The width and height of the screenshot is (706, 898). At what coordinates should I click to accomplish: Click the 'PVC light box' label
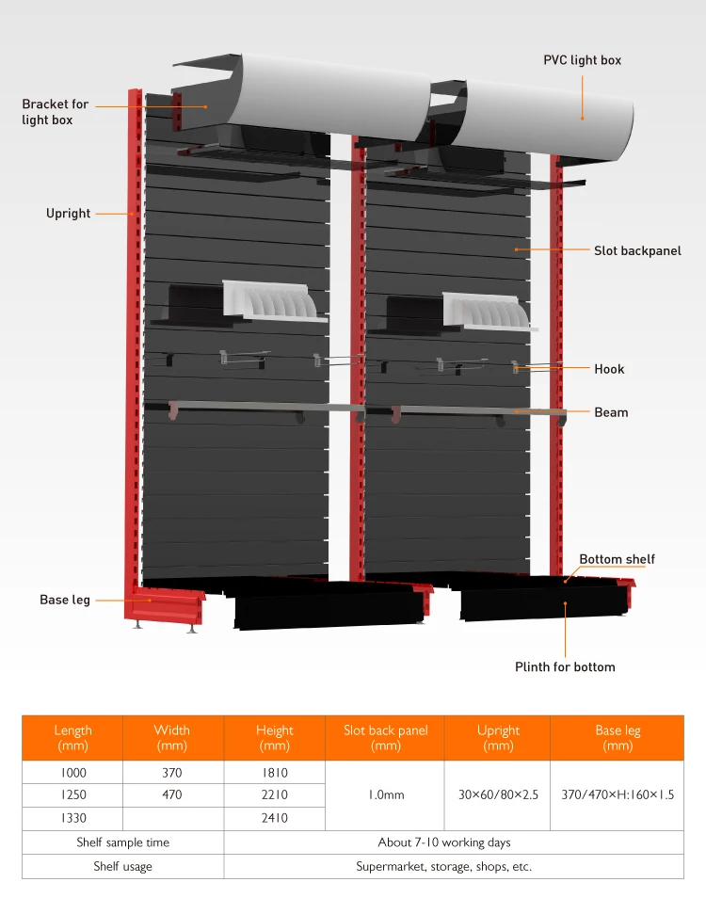pyautogui.click(x=582, y=60)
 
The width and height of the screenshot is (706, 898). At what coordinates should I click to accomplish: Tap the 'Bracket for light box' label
pyautogui.click(x=56, y=112)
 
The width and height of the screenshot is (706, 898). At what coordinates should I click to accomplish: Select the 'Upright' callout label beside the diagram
pyautogui.click(x=69, y=214)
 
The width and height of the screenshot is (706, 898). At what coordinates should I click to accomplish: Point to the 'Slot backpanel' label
pyautogui.click(x=637, y=251)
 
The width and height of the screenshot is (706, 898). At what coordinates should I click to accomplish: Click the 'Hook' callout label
pyautogui.click(x=609, y=369)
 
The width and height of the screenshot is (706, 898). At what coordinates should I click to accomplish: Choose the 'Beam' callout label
pyautogui.click(x=611, y=412)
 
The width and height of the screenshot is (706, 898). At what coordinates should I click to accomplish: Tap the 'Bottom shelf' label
pyautogui.click(x=617, y=559)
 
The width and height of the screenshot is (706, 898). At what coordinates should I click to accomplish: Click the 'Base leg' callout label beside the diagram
pyautogui.click(x=65, y=600)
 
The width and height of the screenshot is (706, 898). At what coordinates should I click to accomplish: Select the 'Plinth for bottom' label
pyautogui.click(x=565, y=667)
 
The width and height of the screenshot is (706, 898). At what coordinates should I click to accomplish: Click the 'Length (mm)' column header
pyautogui.click(x=73, y=738)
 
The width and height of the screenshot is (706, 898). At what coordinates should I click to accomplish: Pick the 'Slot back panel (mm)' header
pyautogui.click(x=385, y=738)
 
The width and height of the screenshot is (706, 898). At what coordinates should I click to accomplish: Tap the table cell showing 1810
pyautogui.click(x=274, y=773)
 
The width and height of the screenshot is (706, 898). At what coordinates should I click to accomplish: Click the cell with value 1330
pyautogui.click(x=73, y=818)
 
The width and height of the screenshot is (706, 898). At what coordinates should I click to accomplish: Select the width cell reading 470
pyautogui.click(x=171, y=795)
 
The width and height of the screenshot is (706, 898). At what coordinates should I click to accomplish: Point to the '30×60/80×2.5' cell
pyautogui.click(x=498, y=795)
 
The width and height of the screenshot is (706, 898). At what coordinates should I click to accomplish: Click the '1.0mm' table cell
pyautogui.click(x=385, y=795)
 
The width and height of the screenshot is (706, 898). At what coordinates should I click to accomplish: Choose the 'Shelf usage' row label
pyautogui.click(x=122, y=866)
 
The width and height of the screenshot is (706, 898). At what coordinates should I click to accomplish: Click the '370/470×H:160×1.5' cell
pyautogui.click(x=617, y=795)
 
